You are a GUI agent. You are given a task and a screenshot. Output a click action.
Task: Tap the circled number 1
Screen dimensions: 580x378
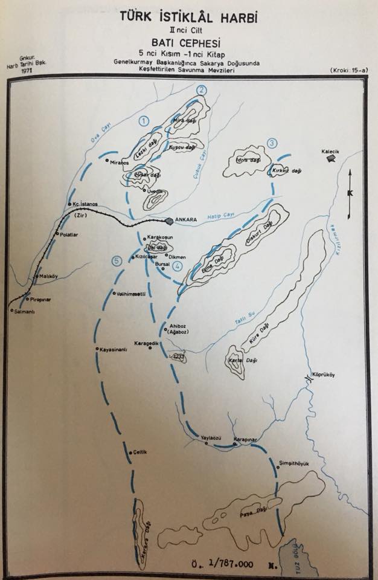(x=143, y=120)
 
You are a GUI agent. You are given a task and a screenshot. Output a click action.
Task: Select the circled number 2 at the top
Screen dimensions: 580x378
(x=202, y=89)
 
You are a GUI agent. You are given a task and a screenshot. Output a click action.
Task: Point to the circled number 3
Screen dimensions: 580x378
(x=272, y=143)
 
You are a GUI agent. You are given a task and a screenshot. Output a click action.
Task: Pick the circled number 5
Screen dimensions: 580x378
(x=117, y=261)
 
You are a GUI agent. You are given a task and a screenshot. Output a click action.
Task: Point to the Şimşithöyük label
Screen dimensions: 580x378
(x=293, y=463)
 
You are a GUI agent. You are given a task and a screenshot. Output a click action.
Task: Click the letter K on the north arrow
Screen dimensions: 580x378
(x=350, y=193)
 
